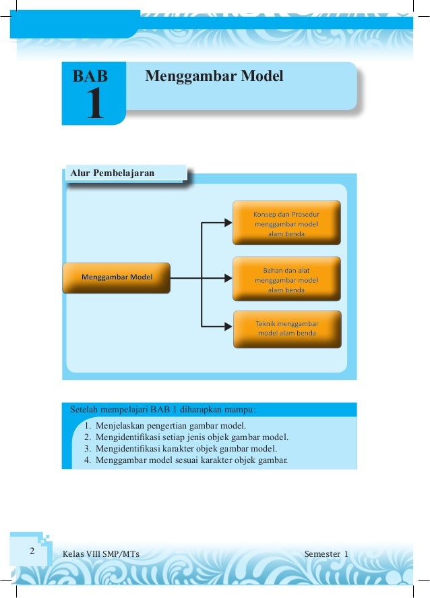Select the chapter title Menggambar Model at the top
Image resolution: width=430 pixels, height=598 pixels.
(214, 76)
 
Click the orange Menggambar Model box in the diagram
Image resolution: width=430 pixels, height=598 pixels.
(117, 277)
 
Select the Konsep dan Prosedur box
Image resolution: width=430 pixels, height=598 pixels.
(286, 223)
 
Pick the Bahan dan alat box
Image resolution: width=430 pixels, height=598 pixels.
(286, 279)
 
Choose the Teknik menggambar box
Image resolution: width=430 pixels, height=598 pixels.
(286, 328)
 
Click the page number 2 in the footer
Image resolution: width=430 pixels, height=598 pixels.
(31, 551)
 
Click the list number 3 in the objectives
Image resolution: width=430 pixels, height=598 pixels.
(88, 448)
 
